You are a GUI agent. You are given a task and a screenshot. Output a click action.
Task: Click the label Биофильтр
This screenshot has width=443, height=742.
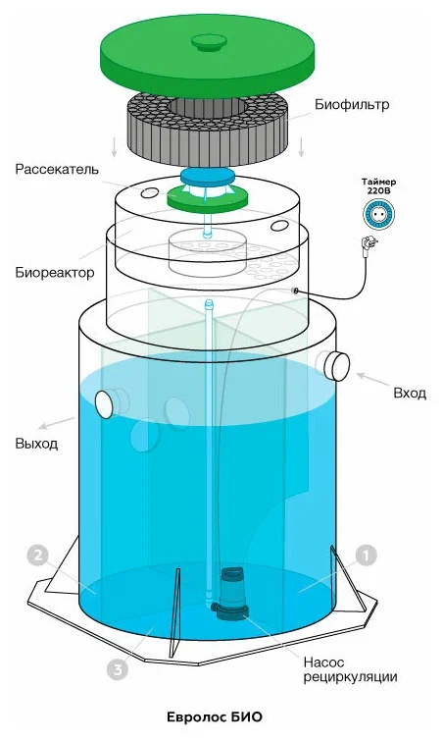click(x=352, y=105)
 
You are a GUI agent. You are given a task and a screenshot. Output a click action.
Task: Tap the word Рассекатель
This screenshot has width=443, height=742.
click(x=57, y=170)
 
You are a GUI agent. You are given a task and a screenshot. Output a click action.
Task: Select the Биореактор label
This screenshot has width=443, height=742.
click(x=54, y=273)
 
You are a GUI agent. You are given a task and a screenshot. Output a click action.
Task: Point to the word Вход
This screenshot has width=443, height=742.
click(x=410, y=394)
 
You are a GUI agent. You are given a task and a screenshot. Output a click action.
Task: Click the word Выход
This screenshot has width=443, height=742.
click(x=36, y=444)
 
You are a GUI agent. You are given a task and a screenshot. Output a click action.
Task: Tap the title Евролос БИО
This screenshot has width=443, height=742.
click(x=215, y=716)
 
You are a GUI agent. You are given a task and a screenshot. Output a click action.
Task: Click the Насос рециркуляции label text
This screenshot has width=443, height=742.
click(x=350, y=669)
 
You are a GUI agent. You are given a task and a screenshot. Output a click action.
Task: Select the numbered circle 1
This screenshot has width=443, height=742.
click(x=366, y=556)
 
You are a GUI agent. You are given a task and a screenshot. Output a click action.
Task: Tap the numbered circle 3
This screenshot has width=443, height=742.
click(x=117, y=669)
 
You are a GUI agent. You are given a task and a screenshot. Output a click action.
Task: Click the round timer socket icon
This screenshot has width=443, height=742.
click(x=378, y=214)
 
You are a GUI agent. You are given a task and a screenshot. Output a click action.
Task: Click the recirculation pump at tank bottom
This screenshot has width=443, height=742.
click(x=231, y=594)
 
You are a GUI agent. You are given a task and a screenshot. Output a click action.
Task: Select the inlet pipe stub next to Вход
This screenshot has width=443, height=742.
click(x=334, y=366)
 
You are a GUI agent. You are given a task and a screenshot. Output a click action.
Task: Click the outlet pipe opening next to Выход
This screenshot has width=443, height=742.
click(x=105, y=403)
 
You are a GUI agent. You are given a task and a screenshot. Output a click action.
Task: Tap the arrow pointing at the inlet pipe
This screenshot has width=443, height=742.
click(x=372, y=380)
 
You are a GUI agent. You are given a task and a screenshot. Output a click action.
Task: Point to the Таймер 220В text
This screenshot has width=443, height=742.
click(x=378, y=185)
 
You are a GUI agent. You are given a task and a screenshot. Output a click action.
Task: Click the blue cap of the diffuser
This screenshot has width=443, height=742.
click(x=208, y=177)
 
